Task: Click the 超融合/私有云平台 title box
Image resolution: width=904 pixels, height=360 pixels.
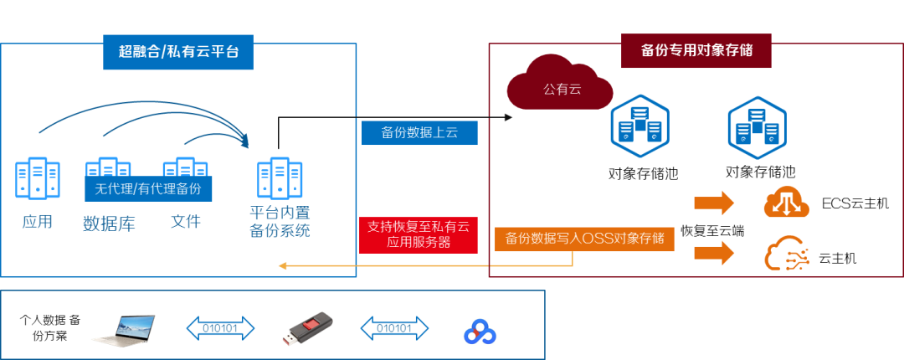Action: (x=178, y=51)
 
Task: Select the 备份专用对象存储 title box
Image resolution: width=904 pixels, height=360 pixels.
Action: (x=696, y=50)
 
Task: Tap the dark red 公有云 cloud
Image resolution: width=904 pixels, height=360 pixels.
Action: (x=559, y=84)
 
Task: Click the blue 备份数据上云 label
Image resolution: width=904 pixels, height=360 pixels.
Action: (x=419, y=132)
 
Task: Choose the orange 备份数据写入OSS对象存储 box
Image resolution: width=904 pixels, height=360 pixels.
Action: (x=585, y=238)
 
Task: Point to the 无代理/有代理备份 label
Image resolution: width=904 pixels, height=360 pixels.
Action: (x=148, y=188)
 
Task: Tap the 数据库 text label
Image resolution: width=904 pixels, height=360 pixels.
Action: (x=109, y=224)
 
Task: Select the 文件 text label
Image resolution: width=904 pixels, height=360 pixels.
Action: (x=185, y=222)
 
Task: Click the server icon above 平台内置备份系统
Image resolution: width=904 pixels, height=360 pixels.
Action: (x=280, y=177)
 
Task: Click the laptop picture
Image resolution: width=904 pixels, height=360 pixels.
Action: (x=124, y=329)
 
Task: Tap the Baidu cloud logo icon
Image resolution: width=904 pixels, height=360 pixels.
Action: (x=480, y=329)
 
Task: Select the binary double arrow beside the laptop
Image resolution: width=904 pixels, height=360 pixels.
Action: (x=220, y=327)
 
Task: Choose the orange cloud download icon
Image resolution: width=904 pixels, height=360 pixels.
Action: (x=786, y=203)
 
